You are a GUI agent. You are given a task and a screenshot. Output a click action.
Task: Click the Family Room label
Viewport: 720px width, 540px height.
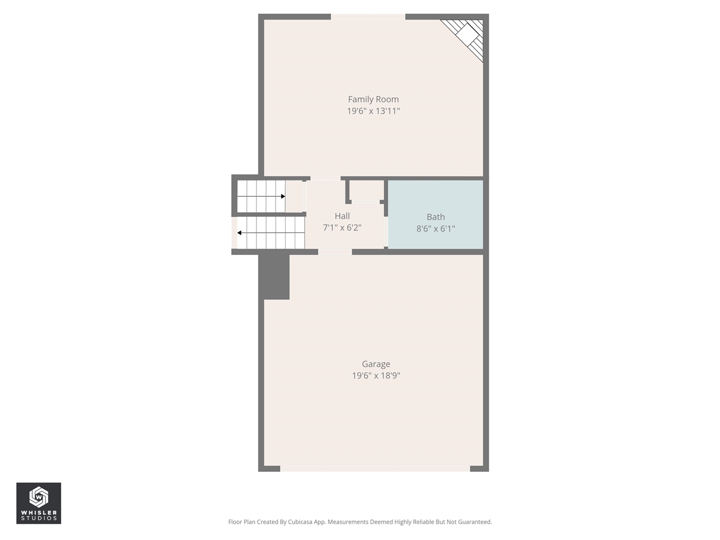pos(373,100)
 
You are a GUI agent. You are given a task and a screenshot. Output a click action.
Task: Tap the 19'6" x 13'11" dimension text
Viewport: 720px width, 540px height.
pos(373,111)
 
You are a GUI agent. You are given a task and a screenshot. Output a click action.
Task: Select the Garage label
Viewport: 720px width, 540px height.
pos(376,364)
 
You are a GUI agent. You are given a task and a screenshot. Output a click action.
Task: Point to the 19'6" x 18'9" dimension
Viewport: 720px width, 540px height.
pos(376,376)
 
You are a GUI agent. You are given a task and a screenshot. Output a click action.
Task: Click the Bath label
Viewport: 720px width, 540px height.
pos(435,217)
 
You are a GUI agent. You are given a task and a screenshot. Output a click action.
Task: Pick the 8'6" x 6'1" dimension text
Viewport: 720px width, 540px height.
pos(435,229)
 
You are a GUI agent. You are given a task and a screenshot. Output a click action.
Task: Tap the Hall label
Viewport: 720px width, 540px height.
pos(342,216)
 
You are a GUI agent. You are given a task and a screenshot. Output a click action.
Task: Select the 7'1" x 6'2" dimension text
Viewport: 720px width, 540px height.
pos(342,228)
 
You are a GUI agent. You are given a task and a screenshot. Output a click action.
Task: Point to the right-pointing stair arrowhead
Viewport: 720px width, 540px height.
pos(283,196)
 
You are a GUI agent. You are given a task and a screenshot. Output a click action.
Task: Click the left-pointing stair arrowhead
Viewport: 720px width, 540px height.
pos(240,233)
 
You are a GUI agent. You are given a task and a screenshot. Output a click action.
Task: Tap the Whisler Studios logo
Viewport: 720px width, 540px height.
pos(38,503)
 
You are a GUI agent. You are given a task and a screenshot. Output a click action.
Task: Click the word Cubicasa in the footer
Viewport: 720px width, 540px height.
pos(301,522)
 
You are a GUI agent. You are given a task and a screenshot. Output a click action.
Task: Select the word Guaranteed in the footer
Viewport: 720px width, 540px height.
pos(474,522)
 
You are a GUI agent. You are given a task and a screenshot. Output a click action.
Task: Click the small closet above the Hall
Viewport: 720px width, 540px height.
pos(366,191)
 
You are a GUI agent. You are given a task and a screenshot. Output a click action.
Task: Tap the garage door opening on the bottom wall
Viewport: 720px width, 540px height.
pos(375,468)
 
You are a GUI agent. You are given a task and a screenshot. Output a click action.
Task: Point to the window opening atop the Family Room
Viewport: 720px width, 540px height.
pos(368,17)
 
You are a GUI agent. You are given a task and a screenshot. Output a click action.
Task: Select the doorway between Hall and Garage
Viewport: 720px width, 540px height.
pos(335,252)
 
